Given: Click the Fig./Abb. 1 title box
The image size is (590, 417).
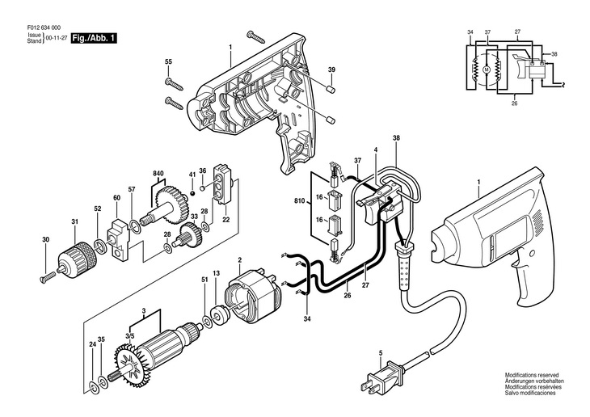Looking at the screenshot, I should click(x=93, y=38).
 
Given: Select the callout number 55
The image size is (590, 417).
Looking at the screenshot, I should click(x=169, y=62).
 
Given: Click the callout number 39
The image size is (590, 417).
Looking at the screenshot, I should click(x=331, y=71).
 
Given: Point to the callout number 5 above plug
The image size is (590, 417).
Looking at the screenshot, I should click(x=380, y=352).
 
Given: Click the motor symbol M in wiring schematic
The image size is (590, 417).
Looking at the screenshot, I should click(x=487, y=69).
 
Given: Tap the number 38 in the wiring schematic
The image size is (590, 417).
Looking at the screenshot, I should click(x=553, y=53).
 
